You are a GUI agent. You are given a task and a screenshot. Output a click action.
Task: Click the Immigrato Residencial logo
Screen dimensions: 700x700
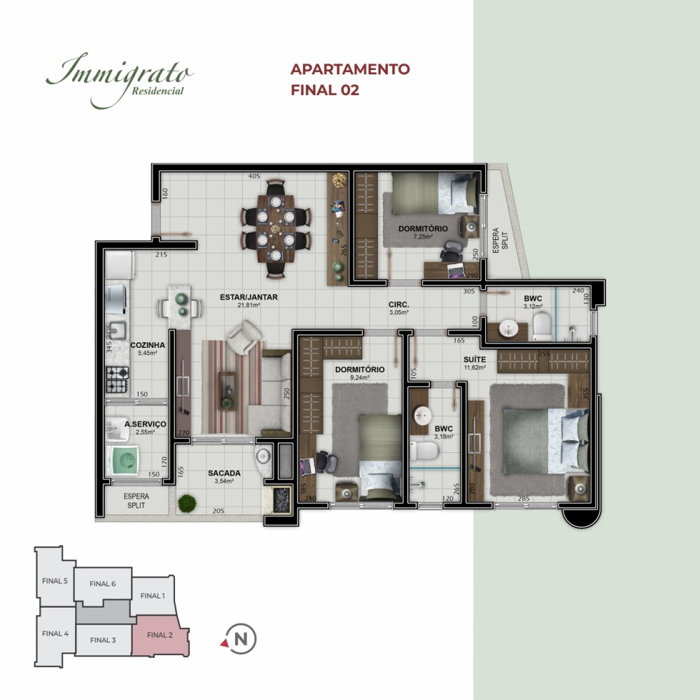click(120, 80)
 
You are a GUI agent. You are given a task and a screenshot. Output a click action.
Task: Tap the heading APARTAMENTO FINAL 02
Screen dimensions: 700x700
click(350, 80)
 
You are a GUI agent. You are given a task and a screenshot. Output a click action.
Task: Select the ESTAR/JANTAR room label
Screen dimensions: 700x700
click(248, 297)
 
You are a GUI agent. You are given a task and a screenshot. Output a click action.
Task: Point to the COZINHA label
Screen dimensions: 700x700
click(147, 345)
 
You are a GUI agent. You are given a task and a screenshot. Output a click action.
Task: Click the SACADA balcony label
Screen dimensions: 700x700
click(224, 472)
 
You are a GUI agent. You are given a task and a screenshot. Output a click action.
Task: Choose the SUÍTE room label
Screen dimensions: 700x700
click(475, 359)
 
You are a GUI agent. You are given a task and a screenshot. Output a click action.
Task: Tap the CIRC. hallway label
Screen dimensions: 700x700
click(399, 304)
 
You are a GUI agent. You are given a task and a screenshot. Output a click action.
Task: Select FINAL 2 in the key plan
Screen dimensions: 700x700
click(160, 635)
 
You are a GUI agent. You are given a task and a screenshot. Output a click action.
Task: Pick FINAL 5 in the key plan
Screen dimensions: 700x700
click(55, 581)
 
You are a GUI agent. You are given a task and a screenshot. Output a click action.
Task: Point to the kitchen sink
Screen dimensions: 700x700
click(115, 331)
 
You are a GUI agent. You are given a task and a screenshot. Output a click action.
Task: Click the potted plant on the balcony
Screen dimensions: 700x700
click(187, 503)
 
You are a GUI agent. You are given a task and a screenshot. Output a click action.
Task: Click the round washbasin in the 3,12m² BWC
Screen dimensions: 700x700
click(507, 329)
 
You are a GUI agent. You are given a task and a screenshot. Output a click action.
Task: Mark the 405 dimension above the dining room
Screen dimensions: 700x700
click(254, 176)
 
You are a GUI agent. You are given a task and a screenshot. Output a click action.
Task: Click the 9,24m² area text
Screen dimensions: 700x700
click(360, 378)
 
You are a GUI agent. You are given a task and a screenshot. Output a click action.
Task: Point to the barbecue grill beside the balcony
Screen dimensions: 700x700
click(281, 500)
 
